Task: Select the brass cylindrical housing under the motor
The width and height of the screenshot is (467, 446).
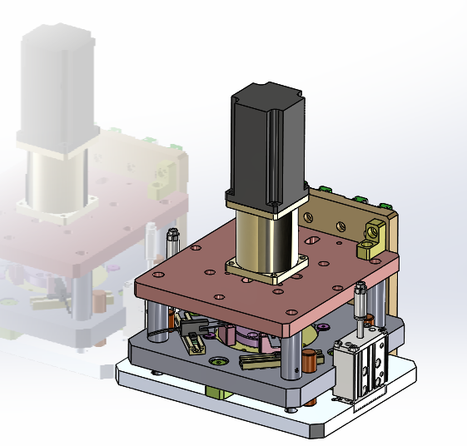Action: pos(263,238)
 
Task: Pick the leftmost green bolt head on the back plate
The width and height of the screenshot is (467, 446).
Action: pos(327,190)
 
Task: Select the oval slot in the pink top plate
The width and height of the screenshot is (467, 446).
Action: pos(315,240)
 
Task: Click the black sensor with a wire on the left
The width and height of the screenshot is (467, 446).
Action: pos(191,337)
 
